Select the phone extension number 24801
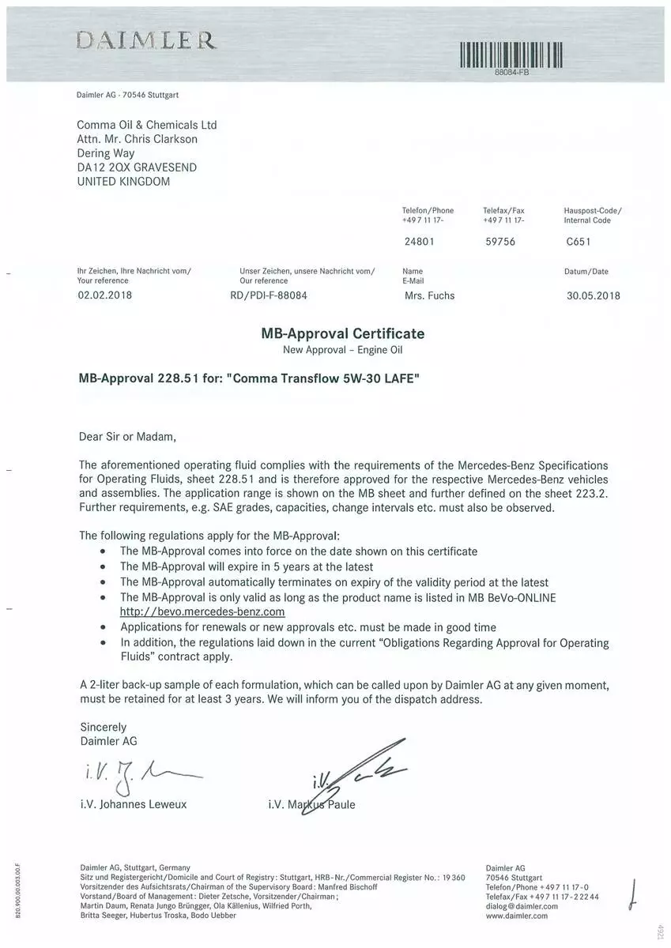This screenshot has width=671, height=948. click(418, 242)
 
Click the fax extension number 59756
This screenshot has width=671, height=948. click(499, 242)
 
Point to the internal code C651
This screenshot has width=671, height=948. click(577, 242)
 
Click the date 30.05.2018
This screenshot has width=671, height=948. click(593, 296)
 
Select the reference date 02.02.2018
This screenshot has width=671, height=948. click(104, 295)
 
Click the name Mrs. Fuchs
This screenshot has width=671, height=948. click(429, 296)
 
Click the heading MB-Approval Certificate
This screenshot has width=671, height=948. click(342, 333)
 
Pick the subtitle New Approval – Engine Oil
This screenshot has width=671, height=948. click(342, 349)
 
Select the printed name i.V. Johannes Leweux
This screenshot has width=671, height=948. click(134, 805)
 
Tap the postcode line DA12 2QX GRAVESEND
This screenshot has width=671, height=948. click(137, 167)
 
